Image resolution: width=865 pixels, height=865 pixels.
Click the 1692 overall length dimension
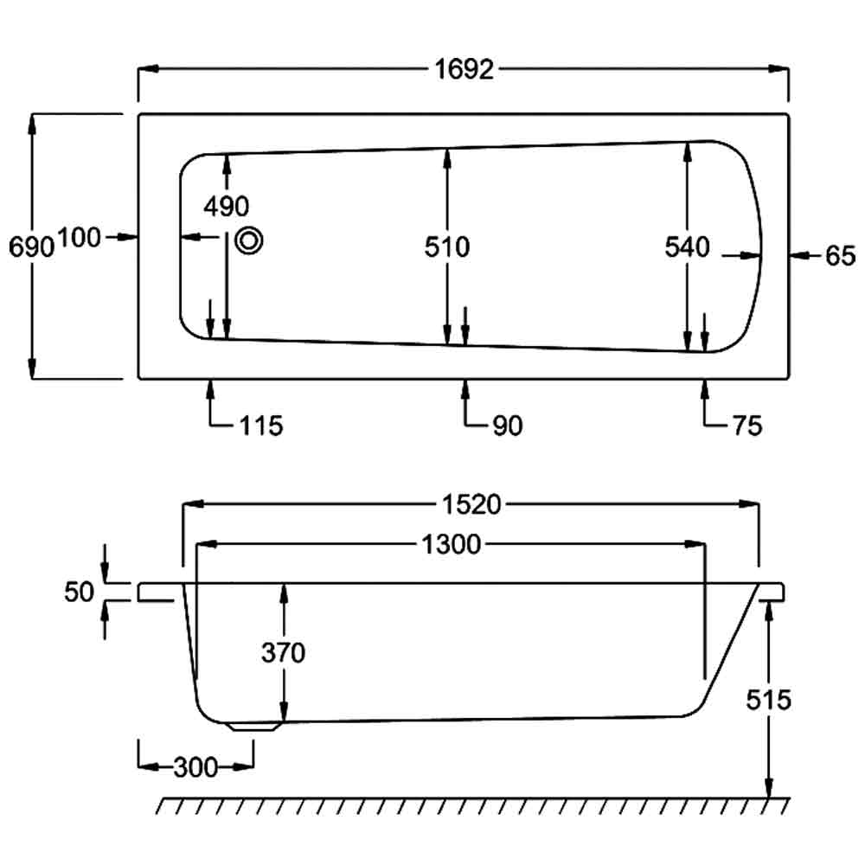coord(464,70)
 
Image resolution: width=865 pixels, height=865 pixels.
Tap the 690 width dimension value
coord(31,247)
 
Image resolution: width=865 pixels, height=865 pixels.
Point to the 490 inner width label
coord(226,206)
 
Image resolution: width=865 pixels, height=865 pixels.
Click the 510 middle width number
coord(446,247)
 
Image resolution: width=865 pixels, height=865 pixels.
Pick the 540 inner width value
coord(687,247)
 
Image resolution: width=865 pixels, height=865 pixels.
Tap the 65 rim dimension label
coord(839,256)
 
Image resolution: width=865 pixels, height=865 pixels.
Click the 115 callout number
coord(261,426)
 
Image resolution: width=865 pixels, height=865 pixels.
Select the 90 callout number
coord(507,426)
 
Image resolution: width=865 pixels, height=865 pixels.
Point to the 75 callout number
coord(746,426)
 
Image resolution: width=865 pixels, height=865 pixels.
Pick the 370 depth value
coord(284,653)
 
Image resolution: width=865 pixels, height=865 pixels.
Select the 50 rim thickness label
coord(79,592)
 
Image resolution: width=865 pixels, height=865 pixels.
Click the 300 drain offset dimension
coord(195,766)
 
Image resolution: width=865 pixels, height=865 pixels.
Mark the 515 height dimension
coord(769,699)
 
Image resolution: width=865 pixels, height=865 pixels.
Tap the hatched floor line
coord(471,805)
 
